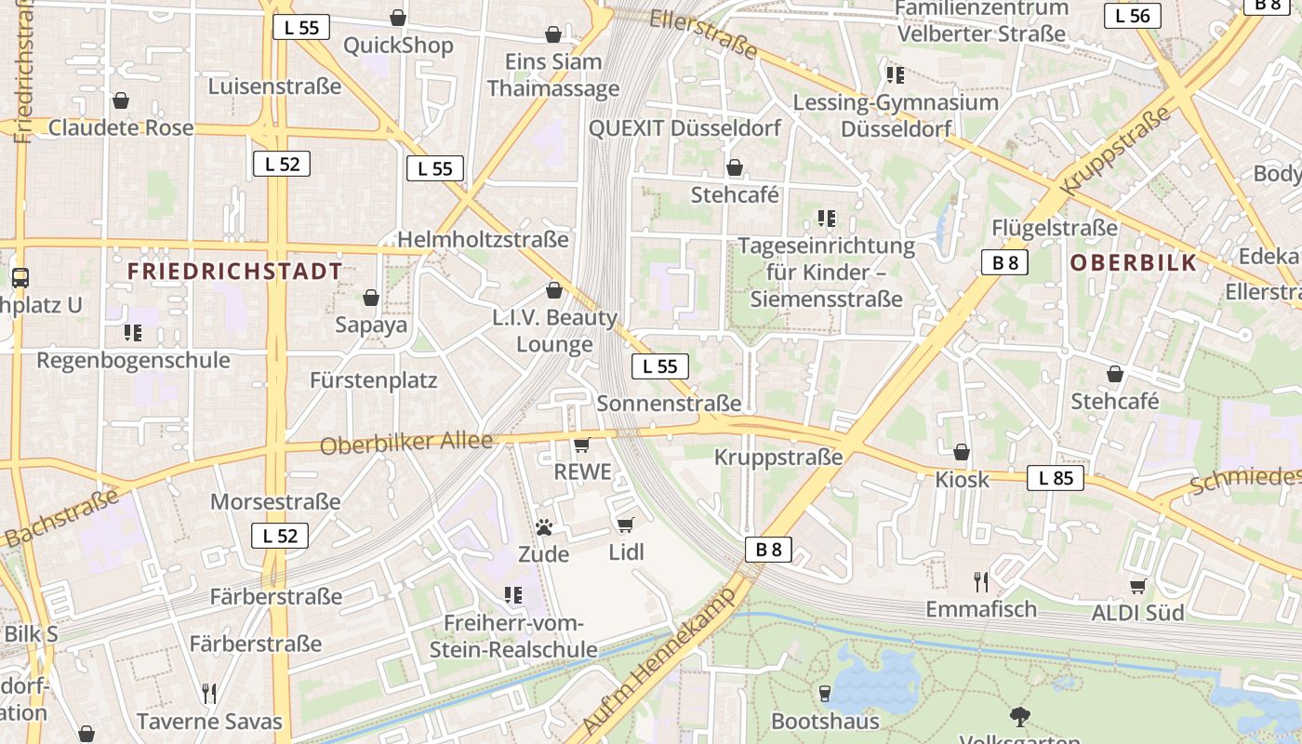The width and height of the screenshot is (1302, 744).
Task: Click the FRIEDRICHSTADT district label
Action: click(x=234, y=272)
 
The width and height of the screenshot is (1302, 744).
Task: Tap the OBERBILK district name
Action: click(x=1133, y=262)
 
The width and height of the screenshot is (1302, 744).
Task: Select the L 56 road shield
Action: click(x=1133, y=15)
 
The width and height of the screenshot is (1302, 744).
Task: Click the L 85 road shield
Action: click(x=1056, y=478)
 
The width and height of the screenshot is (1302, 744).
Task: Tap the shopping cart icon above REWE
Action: click(x=582, y=445)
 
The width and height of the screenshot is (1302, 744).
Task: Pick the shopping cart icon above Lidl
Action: click(x=626, y=525)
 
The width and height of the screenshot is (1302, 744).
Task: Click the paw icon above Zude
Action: click(x=544, y=528)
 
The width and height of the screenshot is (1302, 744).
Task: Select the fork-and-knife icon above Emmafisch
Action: click(x=980, y=582)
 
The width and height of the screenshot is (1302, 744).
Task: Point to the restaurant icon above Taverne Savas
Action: click(x=209, y=693)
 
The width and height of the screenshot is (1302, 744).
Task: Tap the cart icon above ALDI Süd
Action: click(x=1137, y=586)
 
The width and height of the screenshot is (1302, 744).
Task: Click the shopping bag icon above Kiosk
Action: click(x=962, y=453)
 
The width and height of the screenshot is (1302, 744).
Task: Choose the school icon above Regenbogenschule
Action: click(x=133, y=332)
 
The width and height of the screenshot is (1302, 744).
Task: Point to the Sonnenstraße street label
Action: click(x=669, y=403)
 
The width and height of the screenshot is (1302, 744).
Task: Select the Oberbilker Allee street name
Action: click(x=405, y=443)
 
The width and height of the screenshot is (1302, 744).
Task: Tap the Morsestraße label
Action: click(x=275, y=502)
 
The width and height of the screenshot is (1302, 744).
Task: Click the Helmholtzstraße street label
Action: click(x=483, y=240)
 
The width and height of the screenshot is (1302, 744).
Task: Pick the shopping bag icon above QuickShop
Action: click(x=398, y=18)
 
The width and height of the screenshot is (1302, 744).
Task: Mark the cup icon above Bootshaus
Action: click(x=824, y=693)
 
